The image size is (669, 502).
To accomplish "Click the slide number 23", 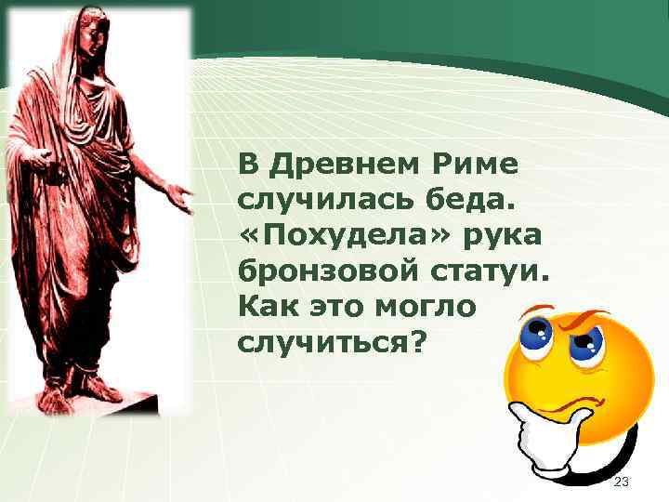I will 622,482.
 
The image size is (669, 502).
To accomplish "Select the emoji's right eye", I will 586,345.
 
